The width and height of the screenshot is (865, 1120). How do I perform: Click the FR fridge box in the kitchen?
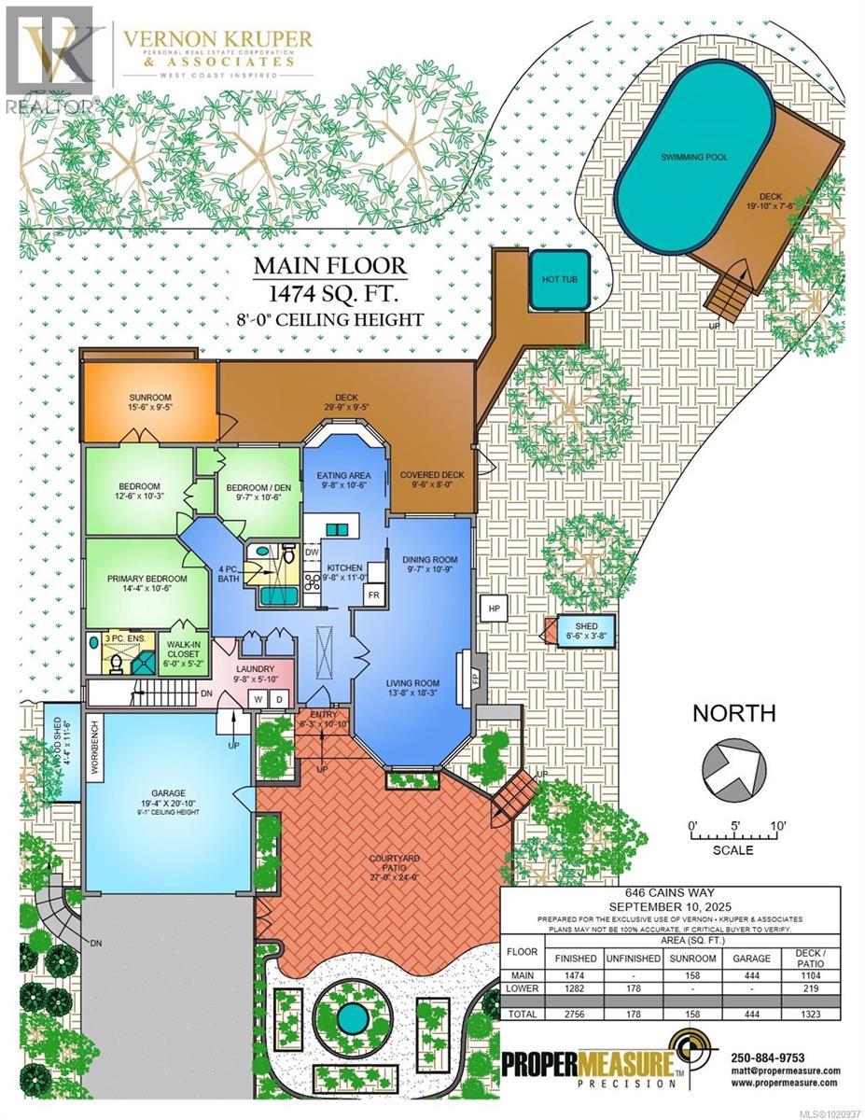coord(374,595)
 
